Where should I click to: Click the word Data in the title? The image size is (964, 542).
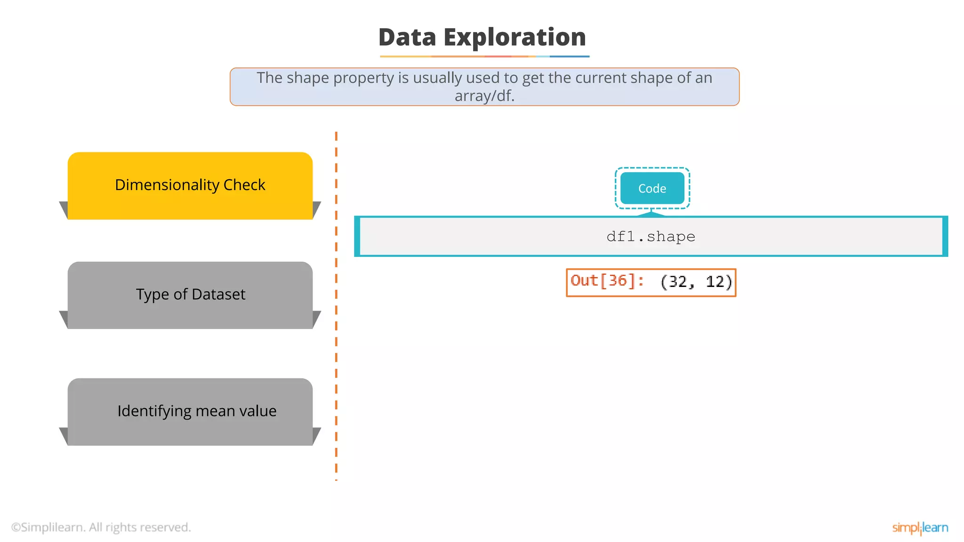click(x=407, y=38)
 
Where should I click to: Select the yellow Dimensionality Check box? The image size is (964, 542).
click(x=190, y=185)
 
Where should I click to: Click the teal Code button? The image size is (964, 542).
click(x=652, y=188)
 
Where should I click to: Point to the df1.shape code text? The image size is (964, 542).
click(x=651, y=236)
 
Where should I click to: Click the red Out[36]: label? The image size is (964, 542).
click(x=607, y=281)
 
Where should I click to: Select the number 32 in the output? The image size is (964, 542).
click(x=678, y=282)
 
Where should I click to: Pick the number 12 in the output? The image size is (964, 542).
click(x=715, y=282)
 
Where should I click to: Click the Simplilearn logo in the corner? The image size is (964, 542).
click(x=920, y=528)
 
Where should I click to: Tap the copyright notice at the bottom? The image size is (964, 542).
click(x=101, y=527)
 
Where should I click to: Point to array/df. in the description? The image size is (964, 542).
click(x=484, y=96)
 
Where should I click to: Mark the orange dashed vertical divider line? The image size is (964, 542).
click(x=336, y=306)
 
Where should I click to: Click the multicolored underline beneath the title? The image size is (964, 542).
click(x=484, y=56)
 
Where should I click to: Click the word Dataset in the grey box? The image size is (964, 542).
click(x=218, y=295)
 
